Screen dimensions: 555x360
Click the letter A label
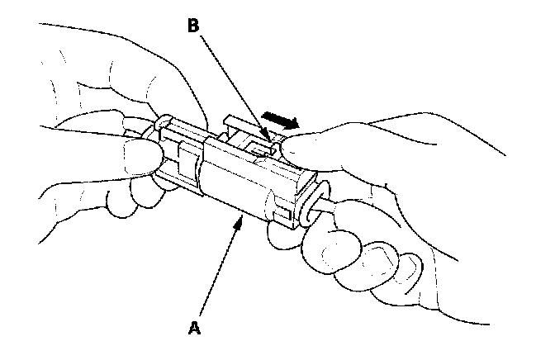(x=194, y=328)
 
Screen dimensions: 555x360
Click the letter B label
(x=192, y=26)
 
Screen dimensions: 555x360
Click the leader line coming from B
(x=231, y=83)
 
